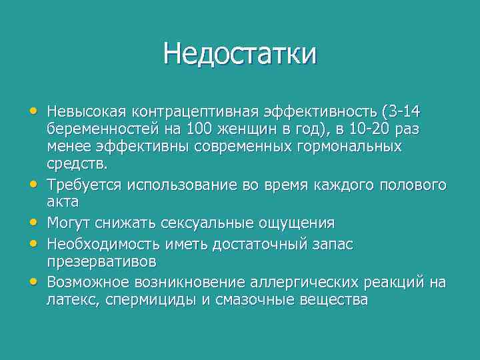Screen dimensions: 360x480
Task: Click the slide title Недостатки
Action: point(240,53)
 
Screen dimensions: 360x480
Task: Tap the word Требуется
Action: point(85,183)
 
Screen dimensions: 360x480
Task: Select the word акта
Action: point(63,201)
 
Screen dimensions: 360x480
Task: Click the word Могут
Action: point(69,221)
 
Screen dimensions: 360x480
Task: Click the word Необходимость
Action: point(99,244)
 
